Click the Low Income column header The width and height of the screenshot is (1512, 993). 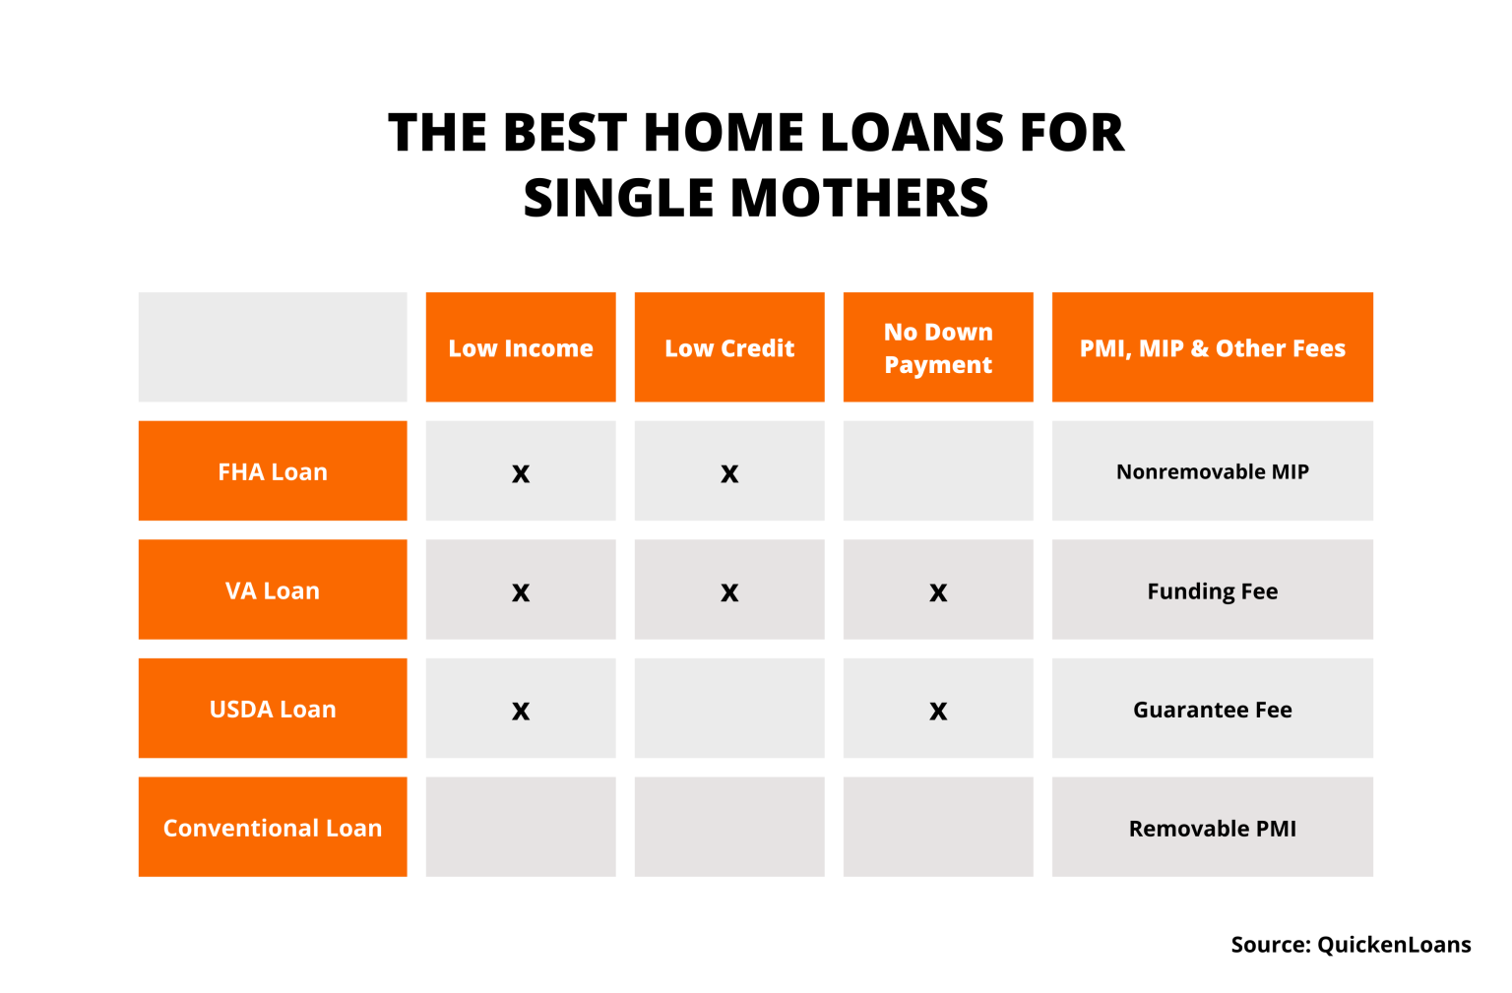pyautogui.click(x=521, y=347)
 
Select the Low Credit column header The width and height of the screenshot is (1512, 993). pyautogui.click(x=729, y=347)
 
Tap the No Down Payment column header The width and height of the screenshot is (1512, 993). pyautogui.click(x=938, y=347)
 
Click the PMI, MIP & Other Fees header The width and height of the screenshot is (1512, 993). pyautogui.click(x=1212, y=347)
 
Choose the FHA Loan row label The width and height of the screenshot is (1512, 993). pyautogui.click(x=273, y=471)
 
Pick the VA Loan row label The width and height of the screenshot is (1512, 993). pyautogui.click(x=273, y=590)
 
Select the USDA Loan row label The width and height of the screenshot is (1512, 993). pyautogui.click(x=273, y=709)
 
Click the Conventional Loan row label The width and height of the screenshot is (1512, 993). pyautogui.click(x=273, y=828)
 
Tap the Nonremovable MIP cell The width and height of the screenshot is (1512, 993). pyautogui.click(x=1212, y=471)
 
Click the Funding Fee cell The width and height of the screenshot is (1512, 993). pyautogui.click(x=1212, y=590)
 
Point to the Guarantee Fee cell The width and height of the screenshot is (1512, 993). pyautogui.click(x=1212, y=709)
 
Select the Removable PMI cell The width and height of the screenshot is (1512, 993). pyautogui.click(x=1212, y=828)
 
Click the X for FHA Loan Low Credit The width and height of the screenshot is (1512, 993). pyautogui.click(x=729, y=473)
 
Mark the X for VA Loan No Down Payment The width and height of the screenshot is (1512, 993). pyautogui.click(x=938, y=592)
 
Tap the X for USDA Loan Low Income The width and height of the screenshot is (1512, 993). pyautogui.click(x=521, y=711)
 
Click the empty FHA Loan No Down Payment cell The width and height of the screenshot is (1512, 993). pyautogui.click(x=938, y=471)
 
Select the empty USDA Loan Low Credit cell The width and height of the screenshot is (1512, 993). pyautogui.click(x=729, y=709)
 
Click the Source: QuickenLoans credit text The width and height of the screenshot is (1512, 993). pyautogui.click(x=1351, y=945)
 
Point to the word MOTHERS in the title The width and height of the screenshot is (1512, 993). pyautogui.click(x=858, y=198)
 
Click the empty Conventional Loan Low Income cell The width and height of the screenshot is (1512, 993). pyautogui.click(x=521, y=828)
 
